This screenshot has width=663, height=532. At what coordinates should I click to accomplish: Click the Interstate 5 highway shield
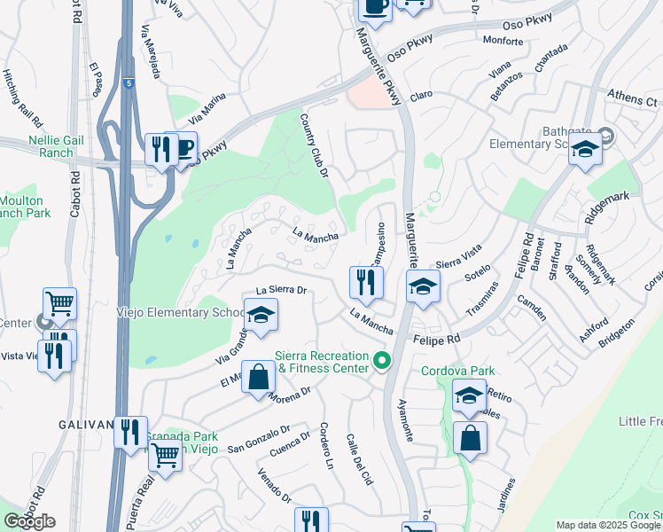pyautogui.click(x=129, y=82)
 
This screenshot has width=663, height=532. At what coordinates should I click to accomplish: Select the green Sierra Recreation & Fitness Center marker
pyautogui.click(x=382, y=360)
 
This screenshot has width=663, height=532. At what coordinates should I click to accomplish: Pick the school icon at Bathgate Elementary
pyautogui.click(x=585, y=152)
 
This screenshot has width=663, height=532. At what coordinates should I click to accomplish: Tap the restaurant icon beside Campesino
pyautogui.click(x=366, y=284)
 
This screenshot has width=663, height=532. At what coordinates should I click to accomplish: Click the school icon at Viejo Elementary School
pyautogui.click(x=261, y=317)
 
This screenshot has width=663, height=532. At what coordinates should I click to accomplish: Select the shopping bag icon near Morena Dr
pyautogui.click(x=257, y=378)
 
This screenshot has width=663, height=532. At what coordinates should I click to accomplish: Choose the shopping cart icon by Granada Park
pyautogui.click(x=165, y=457)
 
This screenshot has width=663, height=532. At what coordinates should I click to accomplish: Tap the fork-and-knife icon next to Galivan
pyautogui.click(x=130, y=433)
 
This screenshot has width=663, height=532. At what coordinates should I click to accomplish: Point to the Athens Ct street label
pyautogui.click(x=635, y=98)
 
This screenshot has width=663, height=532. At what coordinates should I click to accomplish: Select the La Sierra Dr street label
pyautogui.click(x=281, y=290)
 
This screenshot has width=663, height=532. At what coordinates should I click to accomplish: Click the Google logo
pyautogui.click(x=28, y=521)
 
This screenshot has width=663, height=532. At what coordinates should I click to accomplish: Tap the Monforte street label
pyautogui.click(x=503, y=40)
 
